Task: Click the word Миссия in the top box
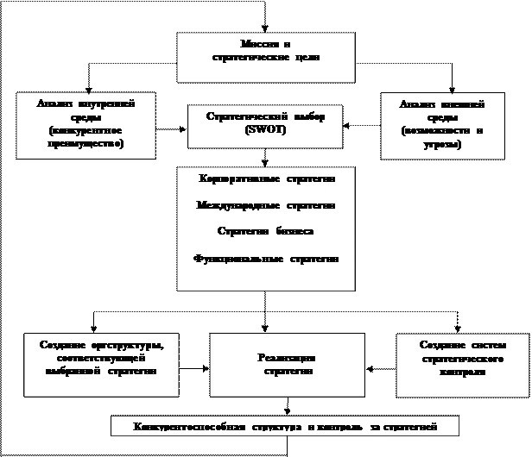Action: tap(255, 44)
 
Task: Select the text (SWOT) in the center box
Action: tap(265, 128)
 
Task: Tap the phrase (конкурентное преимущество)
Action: tap(85, 138)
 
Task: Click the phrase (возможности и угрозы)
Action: tap(441, 138)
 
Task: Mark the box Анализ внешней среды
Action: tap(442, 125)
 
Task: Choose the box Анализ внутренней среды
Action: tap(85, 125)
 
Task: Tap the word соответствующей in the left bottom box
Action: tap(98, 358)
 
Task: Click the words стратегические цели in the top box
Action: tap(266, 57)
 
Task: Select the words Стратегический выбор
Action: tap(265, 116)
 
